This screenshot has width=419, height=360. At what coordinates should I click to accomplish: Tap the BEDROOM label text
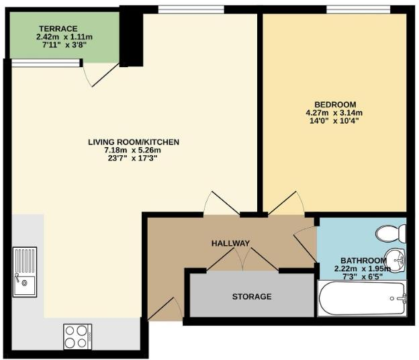335,104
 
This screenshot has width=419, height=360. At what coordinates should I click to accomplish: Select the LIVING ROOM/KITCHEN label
134,142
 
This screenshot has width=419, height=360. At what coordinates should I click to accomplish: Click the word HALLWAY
230,243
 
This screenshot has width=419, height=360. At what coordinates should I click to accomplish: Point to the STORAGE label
252,296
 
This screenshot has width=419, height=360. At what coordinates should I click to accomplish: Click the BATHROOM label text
363,261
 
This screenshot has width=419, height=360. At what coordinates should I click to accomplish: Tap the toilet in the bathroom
391,233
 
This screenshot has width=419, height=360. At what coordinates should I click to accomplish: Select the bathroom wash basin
397,260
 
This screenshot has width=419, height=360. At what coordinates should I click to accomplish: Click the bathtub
363,298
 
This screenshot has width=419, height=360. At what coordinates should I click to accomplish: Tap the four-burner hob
78,334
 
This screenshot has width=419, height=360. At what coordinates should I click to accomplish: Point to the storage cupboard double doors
242,261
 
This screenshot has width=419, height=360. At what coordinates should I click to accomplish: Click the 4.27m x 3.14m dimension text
334,113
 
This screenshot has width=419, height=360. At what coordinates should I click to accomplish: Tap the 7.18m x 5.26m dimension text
133,150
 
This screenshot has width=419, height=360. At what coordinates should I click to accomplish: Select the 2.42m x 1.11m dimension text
63,36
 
